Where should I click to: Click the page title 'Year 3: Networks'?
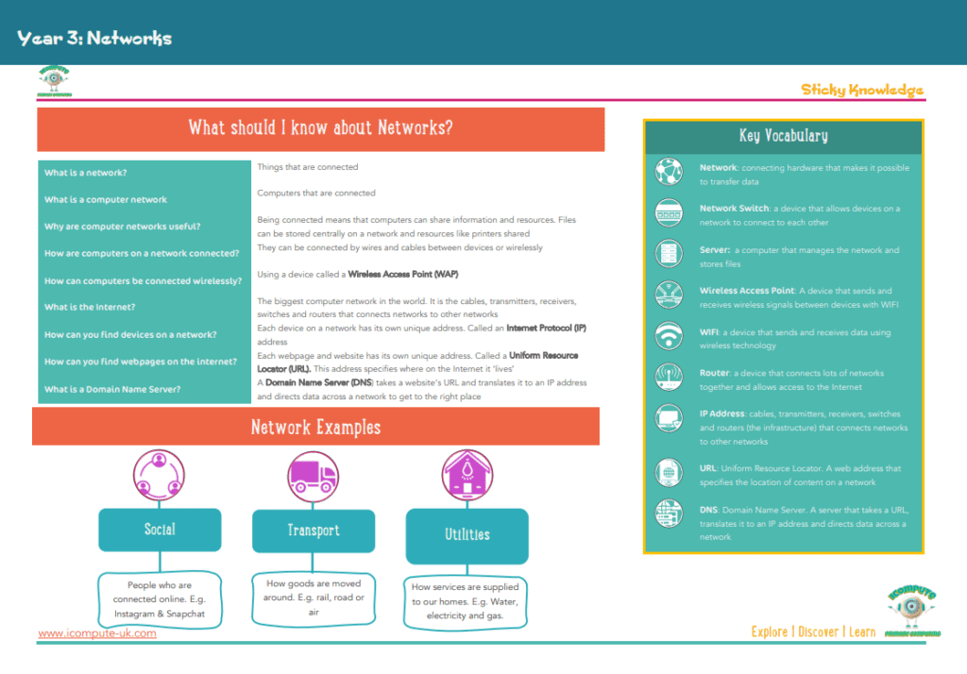(94, 39)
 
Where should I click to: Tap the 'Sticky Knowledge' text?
(862, 90)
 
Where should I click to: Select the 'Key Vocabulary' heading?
(783, 136)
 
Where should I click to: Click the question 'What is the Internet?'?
(90, 307)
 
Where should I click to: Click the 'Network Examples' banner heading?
(315, 428)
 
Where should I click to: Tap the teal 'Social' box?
(160, 530)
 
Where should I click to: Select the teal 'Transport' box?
(313, 531)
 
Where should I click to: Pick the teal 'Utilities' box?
(467, 534)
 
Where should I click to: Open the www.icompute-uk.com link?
(97, 632)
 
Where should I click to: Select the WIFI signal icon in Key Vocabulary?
(669, 336)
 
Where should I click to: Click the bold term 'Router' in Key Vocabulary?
(714, 373)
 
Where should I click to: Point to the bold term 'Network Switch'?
(734, 209)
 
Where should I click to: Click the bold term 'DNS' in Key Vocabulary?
(710, 510)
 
